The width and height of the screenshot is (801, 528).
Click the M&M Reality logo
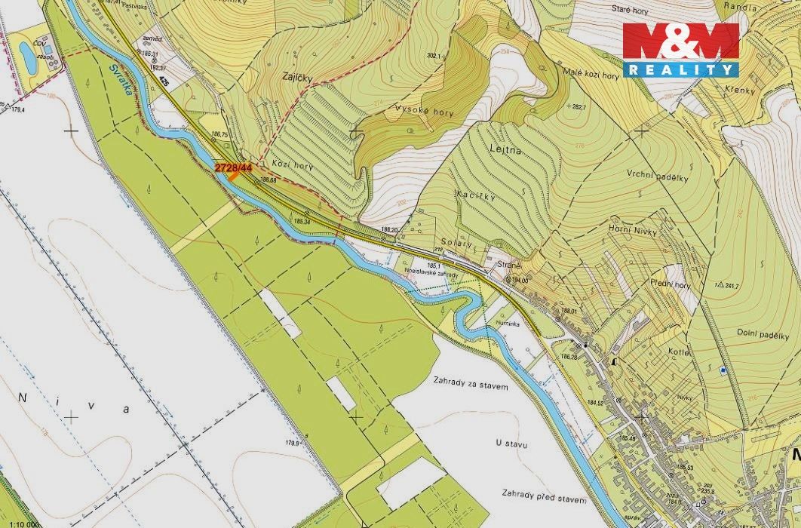pos(680,49)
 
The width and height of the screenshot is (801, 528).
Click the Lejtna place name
pos(505,149)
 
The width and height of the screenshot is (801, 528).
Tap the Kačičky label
pos(475,196)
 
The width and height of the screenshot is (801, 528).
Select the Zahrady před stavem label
pos(543,495)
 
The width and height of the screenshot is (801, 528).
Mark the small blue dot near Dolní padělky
pos(723,370)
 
